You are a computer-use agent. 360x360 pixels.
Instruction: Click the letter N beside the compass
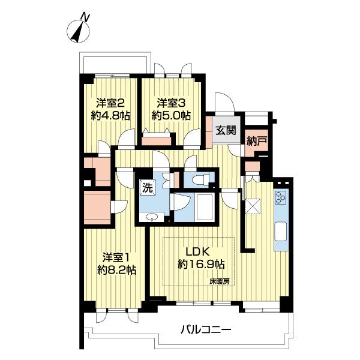[x=86, y=17]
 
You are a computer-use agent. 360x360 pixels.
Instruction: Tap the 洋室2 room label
[x=110, y=104]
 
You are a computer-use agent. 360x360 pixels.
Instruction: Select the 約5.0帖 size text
[x=171, y=116]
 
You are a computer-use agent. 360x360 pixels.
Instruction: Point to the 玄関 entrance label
[x=226, y=130]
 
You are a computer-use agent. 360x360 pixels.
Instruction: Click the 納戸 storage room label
[x=257, y=141]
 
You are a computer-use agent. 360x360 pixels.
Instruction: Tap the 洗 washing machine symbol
[x=147, y=188]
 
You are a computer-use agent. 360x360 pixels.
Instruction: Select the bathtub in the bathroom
[x=205, y=206]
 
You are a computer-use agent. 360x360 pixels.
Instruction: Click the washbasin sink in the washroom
[x=151, y=217]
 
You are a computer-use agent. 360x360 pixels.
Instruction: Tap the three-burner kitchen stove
[x=281, y=197]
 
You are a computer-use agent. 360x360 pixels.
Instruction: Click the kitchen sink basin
[x=281, y=232]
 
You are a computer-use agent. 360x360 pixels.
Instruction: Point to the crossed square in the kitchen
[x=253, y=206]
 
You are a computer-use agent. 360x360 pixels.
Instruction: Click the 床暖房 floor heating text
[x=220, y=281]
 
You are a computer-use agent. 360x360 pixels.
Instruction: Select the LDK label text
[x=197, y=252]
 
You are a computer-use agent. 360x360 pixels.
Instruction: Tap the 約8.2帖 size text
[x=116, y=270]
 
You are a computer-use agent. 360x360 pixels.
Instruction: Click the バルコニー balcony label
[x=206, y=330]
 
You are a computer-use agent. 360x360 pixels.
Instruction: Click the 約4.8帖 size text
[x=110, y=116]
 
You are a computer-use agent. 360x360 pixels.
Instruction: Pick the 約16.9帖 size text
[x=201, y=265]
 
